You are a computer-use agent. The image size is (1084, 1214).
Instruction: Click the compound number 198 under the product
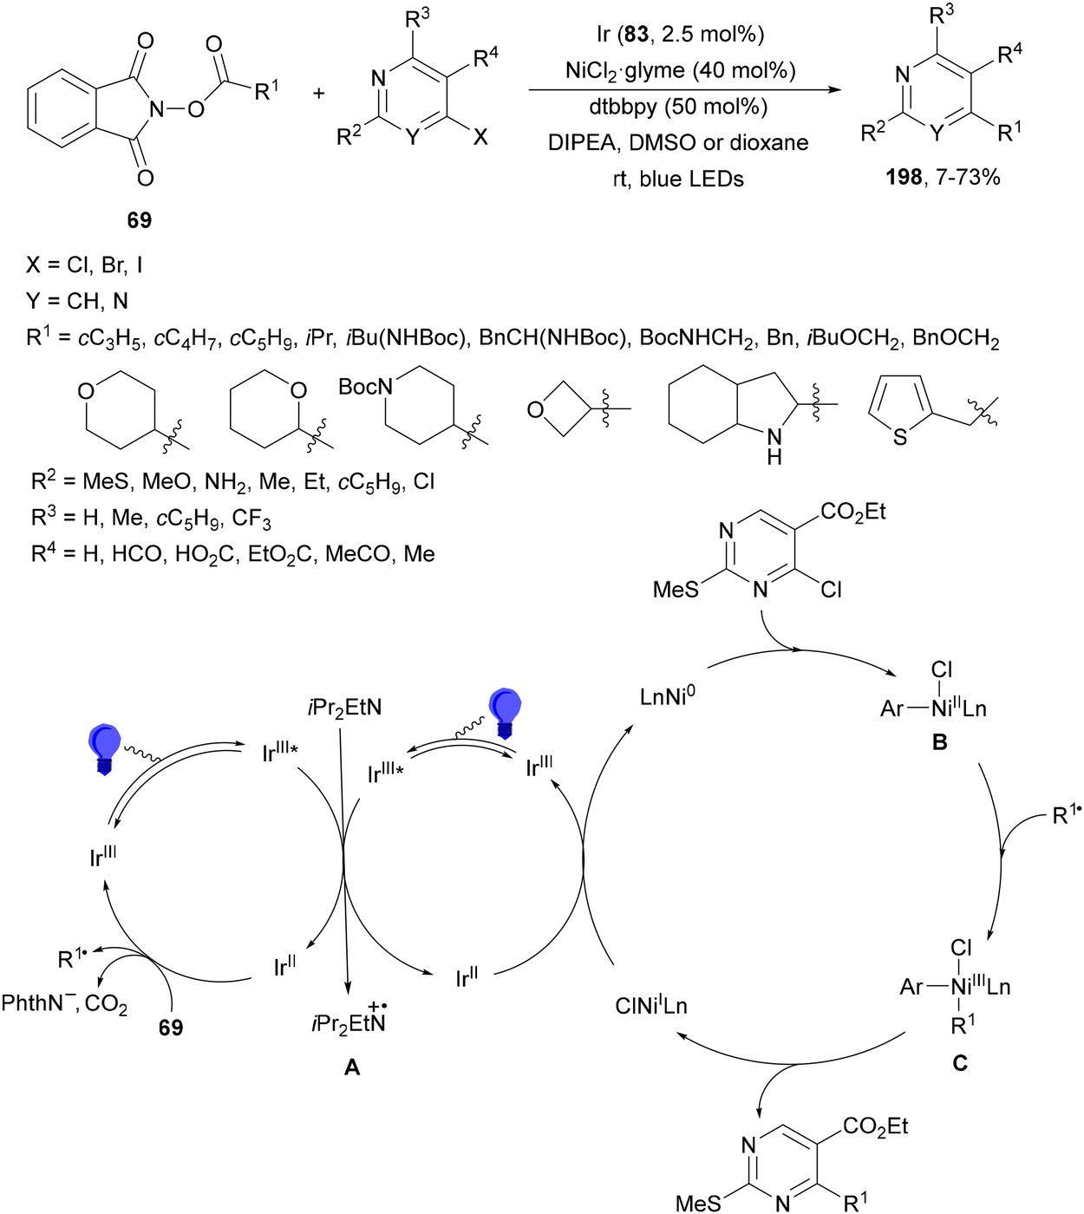pos(904,178)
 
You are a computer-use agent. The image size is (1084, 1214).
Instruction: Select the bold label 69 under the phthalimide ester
pos(139,220)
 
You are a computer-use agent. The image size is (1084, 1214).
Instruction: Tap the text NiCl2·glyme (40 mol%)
pos(680,70)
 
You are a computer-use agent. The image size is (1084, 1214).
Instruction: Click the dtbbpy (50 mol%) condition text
pos(680,107)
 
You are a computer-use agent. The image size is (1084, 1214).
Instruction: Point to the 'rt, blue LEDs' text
pos(678,179)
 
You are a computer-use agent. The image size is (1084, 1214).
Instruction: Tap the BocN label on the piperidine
pos(365,387)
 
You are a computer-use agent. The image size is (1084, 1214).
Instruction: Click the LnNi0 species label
pos(667,696)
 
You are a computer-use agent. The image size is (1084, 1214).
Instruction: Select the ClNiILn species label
pos(650,1006)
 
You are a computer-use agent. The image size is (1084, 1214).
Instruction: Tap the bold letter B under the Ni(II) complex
pos(939,742)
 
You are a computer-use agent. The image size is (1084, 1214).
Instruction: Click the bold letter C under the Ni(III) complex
pos(960,1063)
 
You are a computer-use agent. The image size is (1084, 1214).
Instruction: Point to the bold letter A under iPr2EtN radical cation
pos(352,1067)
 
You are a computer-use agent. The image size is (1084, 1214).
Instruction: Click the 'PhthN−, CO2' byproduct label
pos(64,1004)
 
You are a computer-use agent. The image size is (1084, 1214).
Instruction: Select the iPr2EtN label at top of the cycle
pos(344,708)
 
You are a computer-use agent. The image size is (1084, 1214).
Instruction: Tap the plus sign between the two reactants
pos(318,93)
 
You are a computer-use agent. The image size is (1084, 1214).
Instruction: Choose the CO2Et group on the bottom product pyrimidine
pos(875,1126)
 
